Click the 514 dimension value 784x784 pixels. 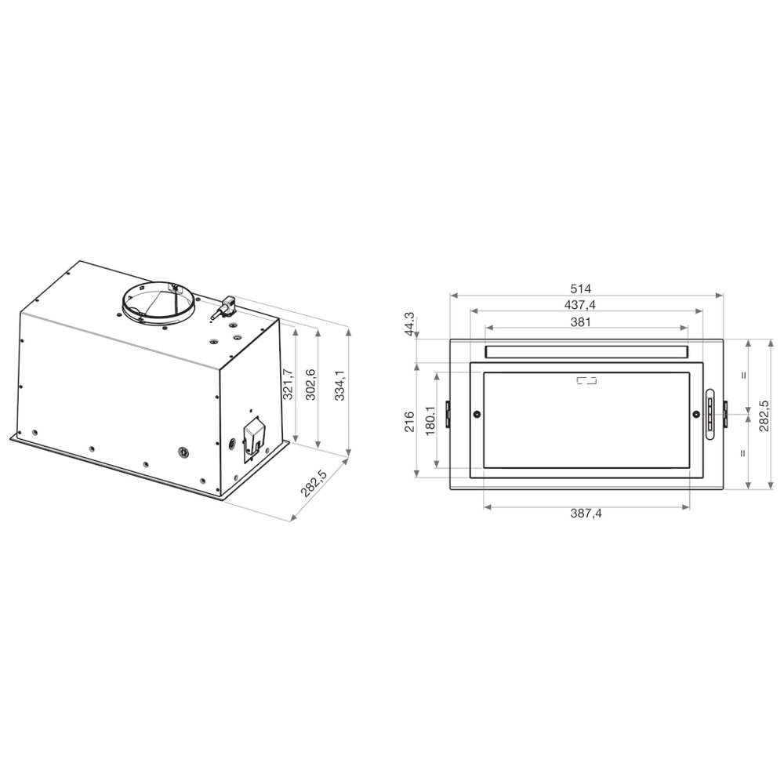580,289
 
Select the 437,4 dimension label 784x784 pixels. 580,304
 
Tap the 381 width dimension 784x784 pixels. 580,321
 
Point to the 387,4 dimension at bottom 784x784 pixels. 586,513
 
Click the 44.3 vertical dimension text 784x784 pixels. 409,324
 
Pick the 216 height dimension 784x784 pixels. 409,421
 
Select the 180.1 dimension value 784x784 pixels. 430,420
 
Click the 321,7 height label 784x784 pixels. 287,384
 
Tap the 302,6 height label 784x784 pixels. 310,384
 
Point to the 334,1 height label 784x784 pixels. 339,385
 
